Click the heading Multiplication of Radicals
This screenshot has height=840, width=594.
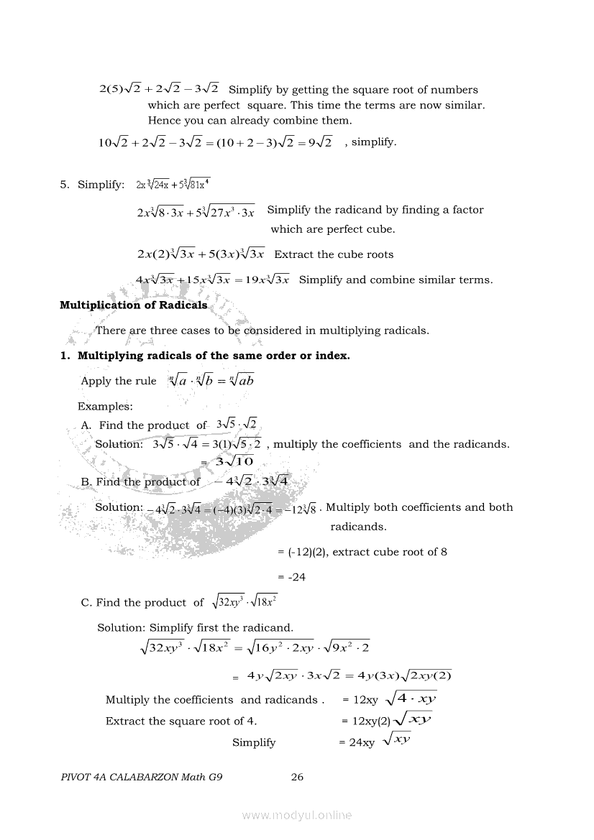point(133,305)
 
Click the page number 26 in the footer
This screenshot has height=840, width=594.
point(297,776)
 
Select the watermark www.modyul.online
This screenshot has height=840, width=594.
point(297,815)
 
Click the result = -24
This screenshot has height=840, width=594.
point(291,577)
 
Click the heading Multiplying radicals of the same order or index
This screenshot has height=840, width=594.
point(213,356)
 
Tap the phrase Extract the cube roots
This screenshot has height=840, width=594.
point(334,254)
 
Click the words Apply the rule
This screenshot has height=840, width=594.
point(118,381)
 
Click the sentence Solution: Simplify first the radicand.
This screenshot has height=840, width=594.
point(195,627)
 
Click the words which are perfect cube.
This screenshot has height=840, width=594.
point(332,229)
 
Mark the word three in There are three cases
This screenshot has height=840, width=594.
point(166,331)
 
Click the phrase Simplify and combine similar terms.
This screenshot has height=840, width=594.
point(396,280)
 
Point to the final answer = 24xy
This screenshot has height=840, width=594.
point(357,743)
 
